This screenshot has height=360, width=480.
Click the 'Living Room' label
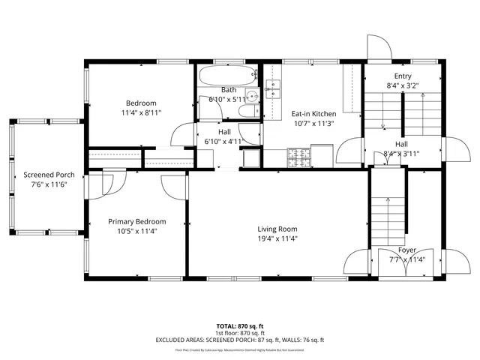(277, 229)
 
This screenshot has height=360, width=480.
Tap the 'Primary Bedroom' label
(136, 221)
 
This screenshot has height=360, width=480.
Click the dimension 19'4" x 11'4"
(277, 239)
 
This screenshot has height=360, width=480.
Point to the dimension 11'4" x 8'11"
(141, 112)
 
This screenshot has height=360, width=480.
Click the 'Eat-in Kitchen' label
(313, 114)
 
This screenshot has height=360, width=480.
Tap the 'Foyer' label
(406, 250)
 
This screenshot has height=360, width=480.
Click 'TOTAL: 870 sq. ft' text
(240, 326)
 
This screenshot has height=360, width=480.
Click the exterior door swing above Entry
(377, 46)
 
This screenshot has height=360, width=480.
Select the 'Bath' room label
(228, 90)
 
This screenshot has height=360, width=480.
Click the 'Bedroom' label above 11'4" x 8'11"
(141, 103)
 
